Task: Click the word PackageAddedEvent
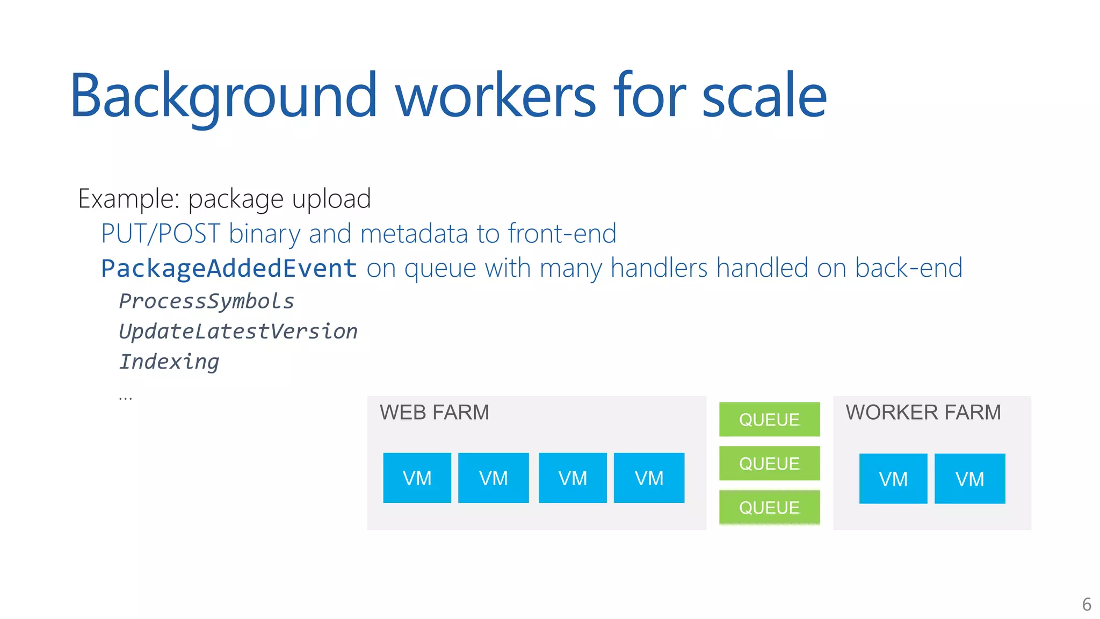(x=229, y=268)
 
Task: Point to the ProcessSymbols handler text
(x=206, y=301)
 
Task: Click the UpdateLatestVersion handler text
(x=238, y=332)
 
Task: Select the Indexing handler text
(x=169, y=362)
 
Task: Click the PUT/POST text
(x=160, y=234)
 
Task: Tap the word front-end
(x=562, y=234)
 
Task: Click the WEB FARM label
(x=434, y=413)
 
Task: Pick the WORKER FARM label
(x=923, y=413)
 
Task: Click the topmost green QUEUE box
(x=769, y=419)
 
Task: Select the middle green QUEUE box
(x=769, y=463)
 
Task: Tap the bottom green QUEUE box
(x=769, y=507)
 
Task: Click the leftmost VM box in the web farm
(x=417, y=478)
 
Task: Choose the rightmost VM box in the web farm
(x=649, y=478)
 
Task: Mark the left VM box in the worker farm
(x=893, y=479)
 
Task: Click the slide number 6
(x=1086, y=604)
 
